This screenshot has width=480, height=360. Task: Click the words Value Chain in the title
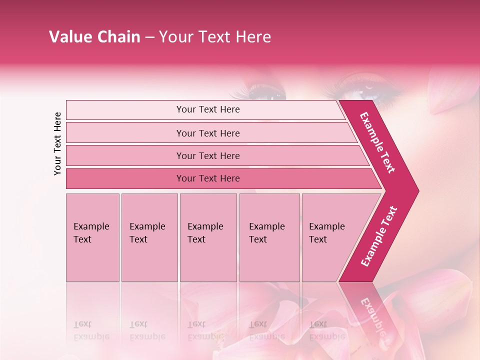click(x=94, y=37)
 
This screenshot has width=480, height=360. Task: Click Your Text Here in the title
click(x=215, y=37)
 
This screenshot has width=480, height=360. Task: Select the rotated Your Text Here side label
click(x=57, y=143)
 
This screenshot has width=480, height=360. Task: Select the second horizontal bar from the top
click(x=208, y=133)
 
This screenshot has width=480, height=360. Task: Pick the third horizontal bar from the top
click(x=208, y=155)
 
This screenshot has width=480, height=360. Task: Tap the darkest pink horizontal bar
click(x=208, y=178)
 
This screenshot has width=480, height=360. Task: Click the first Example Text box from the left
click(x=92, y=237)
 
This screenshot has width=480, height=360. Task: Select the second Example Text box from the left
click(x=149, y=237)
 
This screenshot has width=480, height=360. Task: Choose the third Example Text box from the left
click(x=208, y=237)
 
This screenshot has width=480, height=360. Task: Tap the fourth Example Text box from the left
click(x=269, y=237)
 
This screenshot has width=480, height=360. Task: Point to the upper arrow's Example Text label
click(x=378, y=142)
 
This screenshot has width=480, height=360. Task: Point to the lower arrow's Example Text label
click(x=378, y=236)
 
